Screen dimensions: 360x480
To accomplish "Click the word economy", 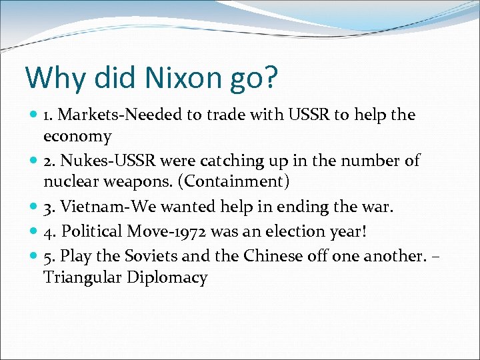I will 77,136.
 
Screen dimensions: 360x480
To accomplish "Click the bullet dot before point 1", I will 33,115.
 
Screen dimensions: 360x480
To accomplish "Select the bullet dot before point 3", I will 33,207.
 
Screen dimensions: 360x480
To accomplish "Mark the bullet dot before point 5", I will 33,257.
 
